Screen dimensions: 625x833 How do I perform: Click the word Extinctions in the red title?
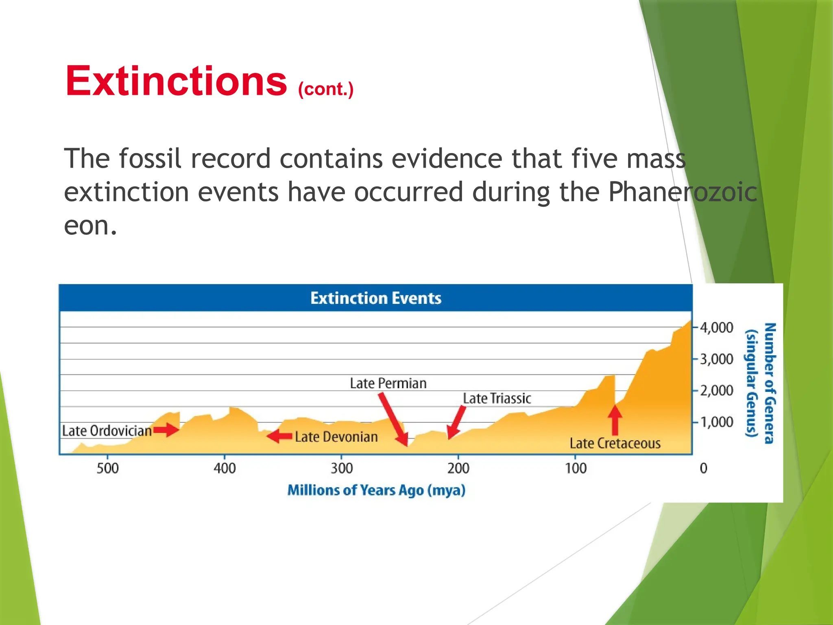point(176,81)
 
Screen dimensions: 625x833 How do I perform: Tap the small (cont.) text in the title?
point(325,89)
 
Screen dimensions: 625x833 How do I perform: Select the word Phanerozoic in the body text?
point(683,192)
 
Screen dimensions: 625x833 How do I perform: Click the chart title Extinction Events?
point(375,298)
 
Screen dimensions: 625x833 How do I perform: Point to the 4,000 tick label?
point(716,328)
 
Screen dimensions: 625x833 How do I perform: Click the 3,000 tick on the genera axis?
point(716,359)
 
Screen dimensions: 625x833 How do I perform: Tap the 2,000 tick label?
point(716,391)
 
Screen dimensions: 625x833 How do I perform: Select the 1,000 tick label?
point(716,422)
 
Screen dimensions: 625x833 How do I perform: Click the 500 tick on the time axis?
point(107,468)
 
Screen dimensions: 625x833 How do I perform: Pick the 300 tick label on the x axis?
point(341,468)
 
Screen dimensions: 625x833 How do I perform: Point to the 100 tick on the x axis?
point(575,468)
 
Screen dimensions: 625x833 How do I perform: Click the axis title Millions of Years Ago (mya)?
point(376,490)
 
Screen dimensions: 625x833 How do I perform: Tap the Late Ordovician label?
point(107,431)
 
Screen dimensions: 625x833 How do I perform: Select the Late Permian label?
point(388,383)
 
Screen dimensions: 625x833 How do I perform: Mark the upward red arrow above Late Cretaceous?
point(615,420)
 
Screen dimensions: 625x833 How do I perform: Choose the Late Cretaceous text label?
point(615,443)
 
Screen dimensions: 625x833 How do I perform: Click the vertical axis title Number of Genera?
point(770,382)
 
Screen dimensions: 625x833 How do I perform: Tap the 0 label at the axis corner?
point(703,468)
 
